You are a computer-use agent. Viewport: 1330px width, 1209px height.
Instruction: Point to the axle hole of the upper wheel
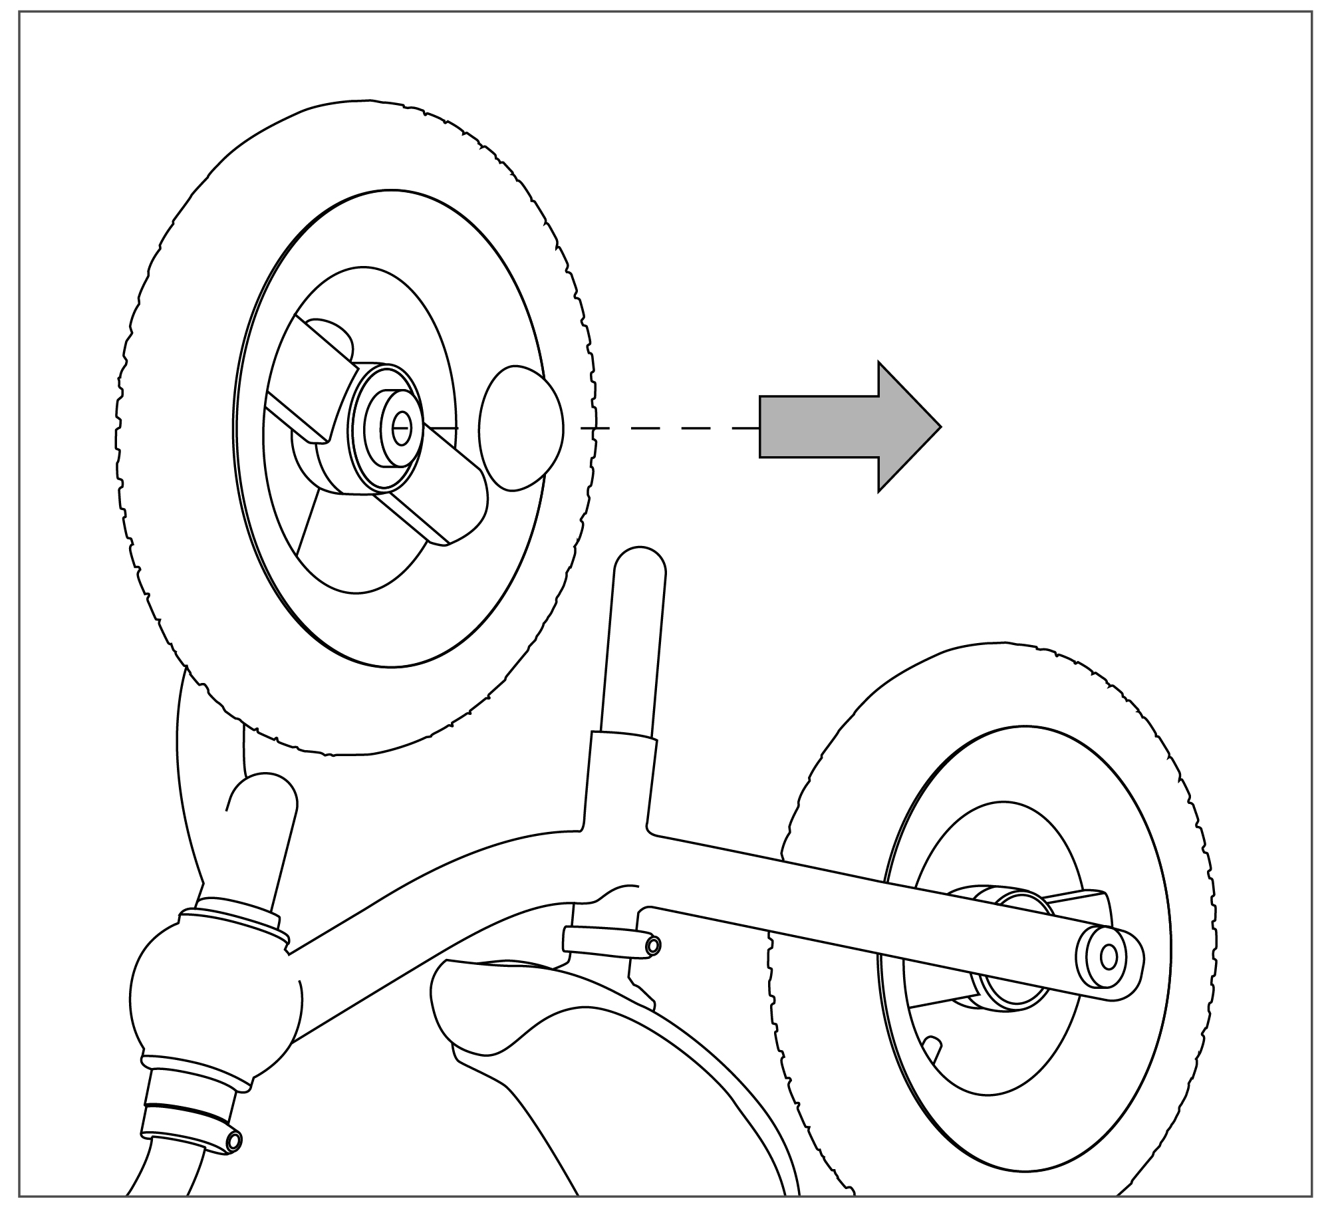pos(400,428)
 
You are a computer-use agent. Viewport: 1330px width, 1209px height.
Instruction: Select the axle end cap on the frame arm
pos(1107,957)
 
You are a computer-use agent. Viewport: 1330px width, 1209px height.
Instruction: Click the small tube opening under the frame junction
pos(653,945)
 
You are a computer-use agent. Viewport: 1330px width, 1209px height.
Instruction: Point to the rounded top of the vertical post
pos(639,565)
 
